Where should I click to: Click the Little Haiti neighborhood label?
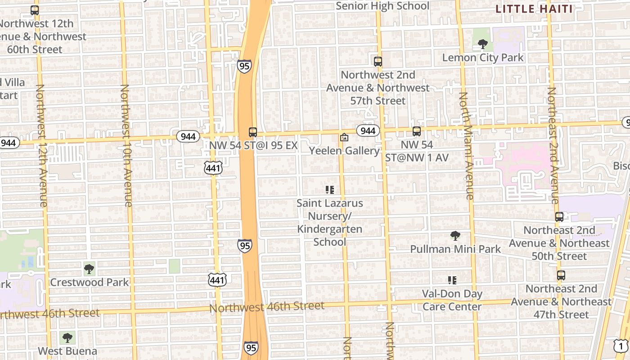coord(534,9)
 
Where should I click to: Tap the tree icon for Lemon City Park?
coord(483,44)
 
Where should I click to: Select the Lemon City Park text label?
coord(483,58)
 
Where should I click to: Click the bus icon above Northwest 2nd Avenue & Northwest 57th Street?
coord(378,62)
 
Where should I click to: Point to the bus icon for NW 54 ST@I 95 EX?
coord(253,132)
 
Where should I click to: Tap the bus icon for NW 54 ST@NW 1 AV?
coord(417,131)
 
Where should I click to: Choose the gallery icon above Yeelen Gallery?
coord(344,137)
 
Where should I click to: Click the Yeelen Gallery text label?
coord(344,151)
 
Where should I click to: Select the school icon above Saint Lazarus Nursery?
coord(330,190)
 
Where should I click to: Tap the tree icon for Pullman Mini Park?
coord(455,235)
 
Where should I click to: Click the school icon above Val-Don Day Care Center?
coord(452,280)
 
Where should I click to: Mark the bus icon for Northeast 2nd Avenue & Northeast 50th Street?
coord(559,217)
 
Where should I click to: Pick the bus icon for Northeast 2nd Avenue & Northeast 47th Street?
coord(561,275)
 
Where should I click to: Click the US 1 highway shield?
coord(621,346)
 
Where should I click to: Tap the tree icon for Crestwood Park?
coord(89,269)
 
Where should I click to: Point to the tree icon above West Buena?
coord(67,337)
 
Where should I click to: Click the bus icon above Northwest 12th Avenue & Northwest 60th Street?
coord(35,10)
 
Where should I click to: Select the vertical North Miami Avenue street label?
coord(466,146)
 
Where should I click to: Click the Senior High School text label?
coord(382,6)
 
